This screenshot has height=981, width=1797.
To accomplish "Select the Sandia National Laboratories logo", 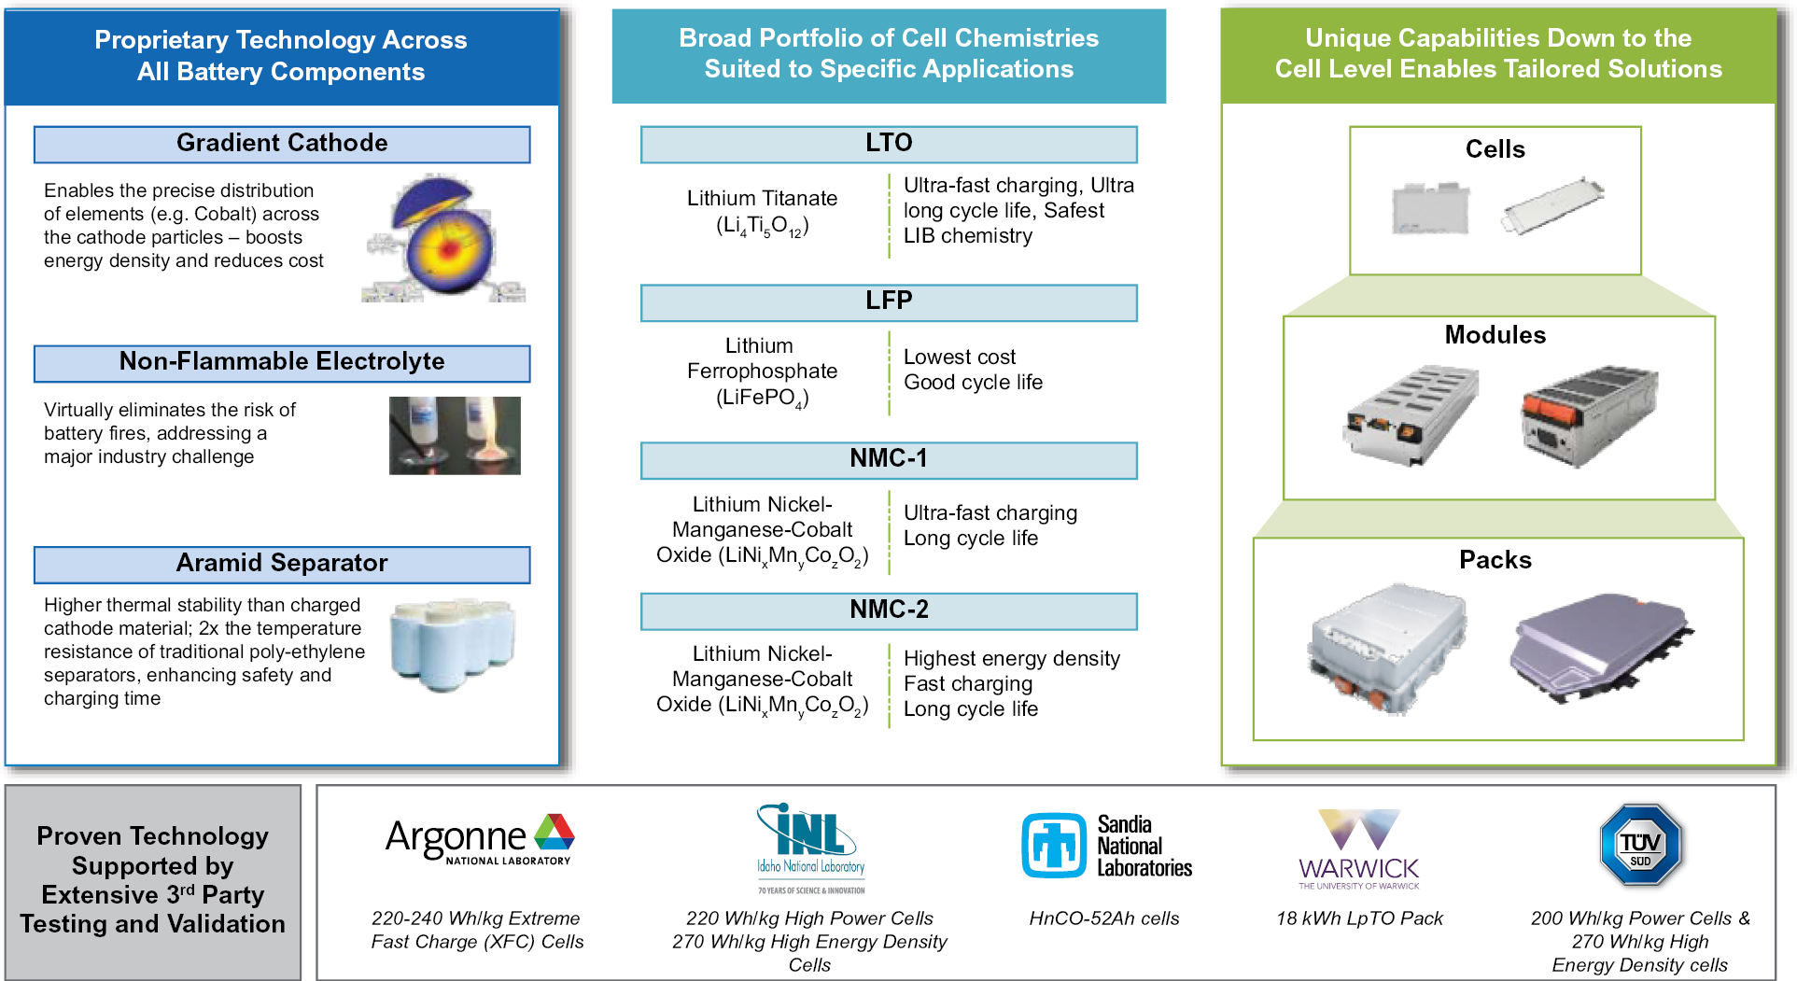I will tap(1106, 846).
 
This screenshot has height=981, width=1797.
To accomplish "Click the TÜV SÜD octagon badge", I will tap(1640, 845).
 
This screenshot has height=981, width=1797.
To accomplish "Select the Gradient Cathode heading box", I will tap(282, 144).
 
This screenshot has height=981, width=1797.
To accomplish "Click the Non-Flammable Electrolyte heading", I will tap(282, 362).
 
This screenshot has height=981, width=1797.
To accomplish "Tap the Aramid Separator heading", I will tap(282, 564).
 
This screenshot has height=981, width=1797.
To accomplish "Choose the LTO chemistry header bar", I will tap(889, 144).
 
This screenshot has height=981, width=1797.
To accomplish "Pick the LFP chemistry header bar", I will tap(889, 301).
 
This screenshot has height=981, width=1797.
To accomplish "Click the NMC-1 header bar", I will tap(889, 459).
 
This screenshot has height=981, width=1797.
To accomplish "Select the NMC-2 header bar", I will tap(889, 610).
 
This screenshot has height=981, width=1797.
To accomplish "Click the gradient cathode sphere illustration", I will tap(444, 239).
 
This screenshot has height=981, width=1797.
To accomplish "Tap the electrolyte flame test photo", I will tap(455, 435).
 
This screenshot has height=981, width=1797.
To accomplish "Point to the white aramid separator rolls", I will tap(453, 644).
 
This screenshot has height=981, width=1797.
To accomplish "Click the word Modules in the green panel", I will tap(1495, 335).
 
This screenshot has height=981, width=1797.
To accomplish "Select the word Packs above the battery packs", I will tap(1495, 560).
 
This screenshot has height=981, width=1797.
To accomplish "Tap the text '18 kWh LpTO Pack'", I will tap(1359, 918).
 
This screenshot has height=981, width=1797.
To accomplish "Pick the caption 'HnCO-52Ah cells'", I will tap(1104, 918).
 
